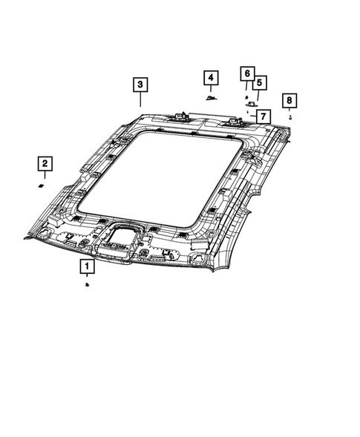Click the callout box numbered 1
point(88,266)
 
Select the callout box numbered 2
point(45,163)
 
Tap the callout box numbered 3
point(140,85)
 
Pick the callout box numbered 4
point(211,78)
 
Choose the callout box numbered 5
point(260,83)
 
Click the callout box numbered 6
point(247,73)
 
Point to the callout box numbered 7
point(264,116)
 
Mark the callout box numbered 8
point(289,100)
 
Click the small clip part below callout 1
point(87,285)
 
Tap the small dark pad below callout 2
point(42,186)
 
